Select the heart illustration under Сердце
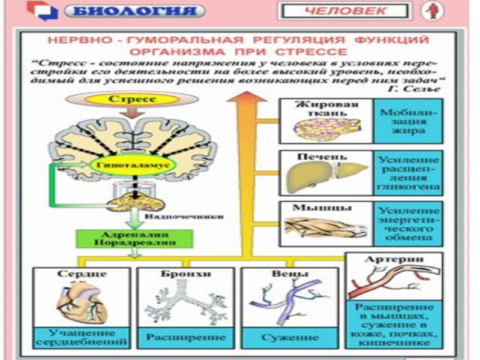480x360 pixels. (x=83, y=304)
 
